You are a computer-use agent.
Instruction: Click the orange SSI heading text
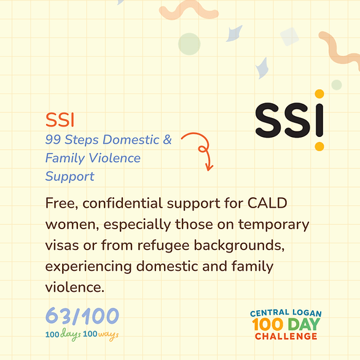pyautogui.click(x=60, y=120)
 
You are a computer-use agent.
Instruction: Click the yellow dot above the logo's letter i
pyautogui.click(x=319, y=93)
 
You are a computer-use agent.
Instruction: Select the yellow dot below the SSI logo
pyautogui.click(x=319, y=146)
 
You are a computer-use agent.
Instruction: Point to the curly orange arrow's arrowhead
pyautogui.click(x=209, y=168)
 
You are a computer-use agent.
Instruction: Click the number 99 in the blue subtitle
pyautogui.click(x=53, y=139)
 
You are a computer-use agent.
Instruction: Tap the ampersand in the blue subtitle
pyautogui.click(x=167, y=139)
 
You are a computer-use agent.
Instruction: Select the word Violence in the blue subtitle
pyautogui.click(x=114, y=158)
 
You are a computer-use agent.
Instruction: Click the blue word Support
pyautogui.click(x=70, y=176)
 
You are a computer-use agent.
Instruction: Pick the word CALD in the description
pyautogui.click(x=267, y=203)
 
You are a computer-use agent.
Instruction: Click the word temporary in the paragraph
pyautogui.click(x=273, y=225)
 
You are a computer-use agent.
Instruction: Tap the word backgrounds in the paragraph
pyautogui.click(x=239, y=246)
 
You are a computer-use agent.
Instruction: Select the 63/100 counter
pyautogui.click(x=82, y=316)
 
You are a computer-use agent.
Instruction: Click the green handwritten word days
pyautogui.click(x=71, y=335)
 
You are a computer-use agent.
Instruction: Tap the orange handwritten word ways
pyautogui.click(x=108, y=335)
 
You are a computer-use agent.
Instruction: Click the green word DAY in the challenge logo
pyautogui.click(x=303, y=324)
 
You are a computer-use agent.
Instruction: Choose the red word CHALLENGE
pyautogui.click(x=286, y=337)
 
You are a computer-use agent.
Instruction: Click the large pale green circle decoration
pyautogui.click(x=189, y=44)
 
